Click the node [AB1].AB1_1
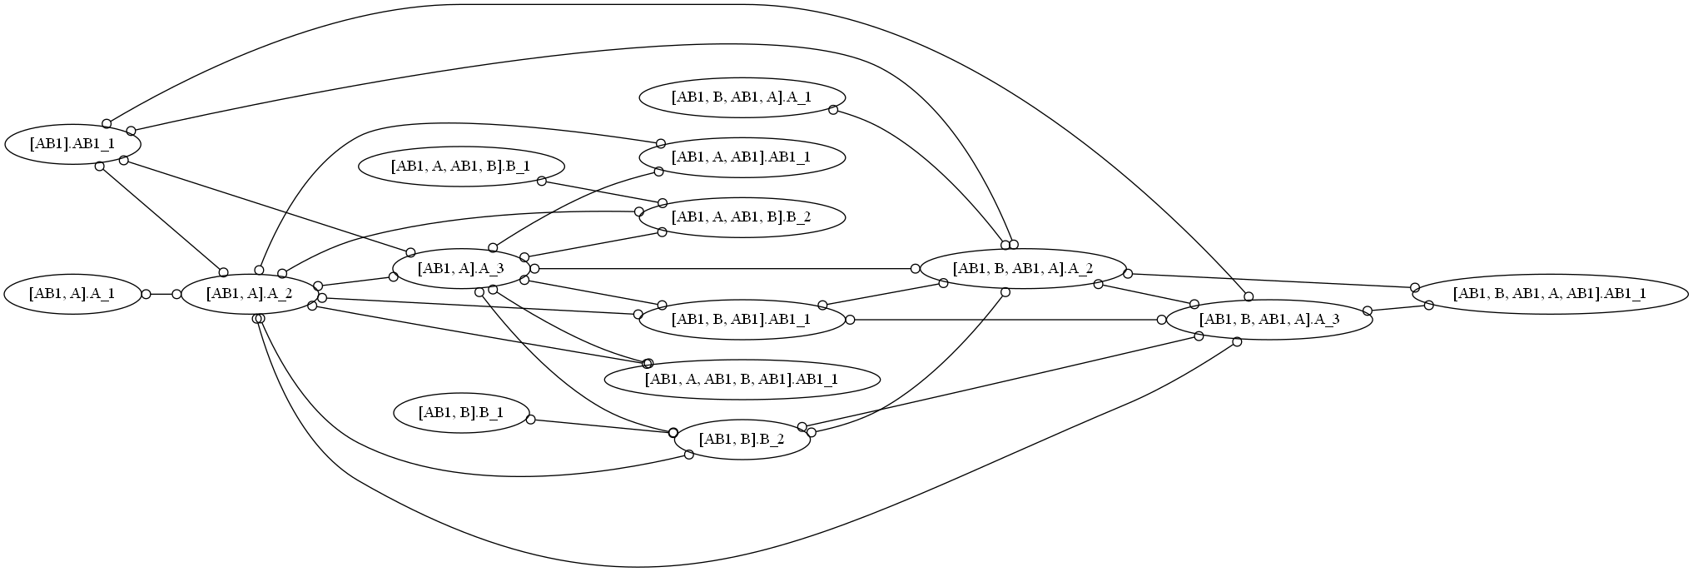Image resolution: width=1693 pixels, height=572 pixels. [x=72, y=144]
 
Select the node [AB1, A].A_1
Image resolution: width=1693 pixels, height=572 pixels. [x=72, y=294]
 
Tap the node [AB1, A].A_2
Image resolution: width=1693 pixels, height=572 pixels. [x=249, y=294]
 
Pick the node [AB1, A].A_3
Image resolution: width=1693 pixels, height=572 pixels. [x=461, y=268]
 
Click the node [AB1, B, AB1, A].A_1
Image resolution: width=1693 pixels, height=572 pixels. [x=742, y=97]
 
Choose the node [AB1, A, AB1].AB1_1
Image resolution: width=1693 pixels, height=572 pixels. [x=742, y=157]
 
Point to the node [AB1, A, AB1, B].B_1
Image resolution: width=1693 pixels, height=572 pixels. [x=461, y=166]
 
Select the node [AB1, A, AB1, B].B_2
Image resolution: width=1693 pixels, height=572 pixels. [x=742, y=217]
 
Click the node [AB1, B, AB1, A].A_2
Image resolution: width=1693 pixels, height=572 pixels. [x=1023, y=268]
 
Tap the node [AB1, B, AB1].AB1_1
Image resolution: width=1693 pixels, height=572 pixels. [x=742, y=320]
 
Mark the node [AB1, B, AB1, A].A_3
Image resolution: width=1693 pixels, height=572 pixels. [x=1269, y=320]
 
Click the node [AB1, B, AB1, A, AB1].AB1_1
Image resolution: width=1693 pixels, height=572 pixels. [x=1550, y=294]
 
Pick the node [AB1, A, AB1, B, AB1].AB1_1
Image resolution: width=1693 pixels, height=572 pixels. [x=742, y=380]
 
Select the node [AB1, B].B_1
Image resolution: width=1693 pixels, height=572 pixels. [x=461, y=412]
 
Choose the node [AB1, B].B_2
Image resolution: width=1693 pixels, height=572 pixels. [x=742, y=439]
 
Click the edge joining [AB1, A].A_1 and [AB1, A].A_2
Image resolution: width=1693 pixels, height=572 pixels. [x=161, y=294]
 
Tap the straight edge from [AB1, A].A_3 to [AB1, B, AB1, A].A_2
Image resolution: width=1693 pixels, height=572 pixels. [x=724, y=269]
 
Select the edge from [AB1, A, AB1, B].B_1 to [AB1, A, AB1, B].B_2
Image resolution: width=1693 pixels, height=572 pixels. [x=601, y=191]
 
